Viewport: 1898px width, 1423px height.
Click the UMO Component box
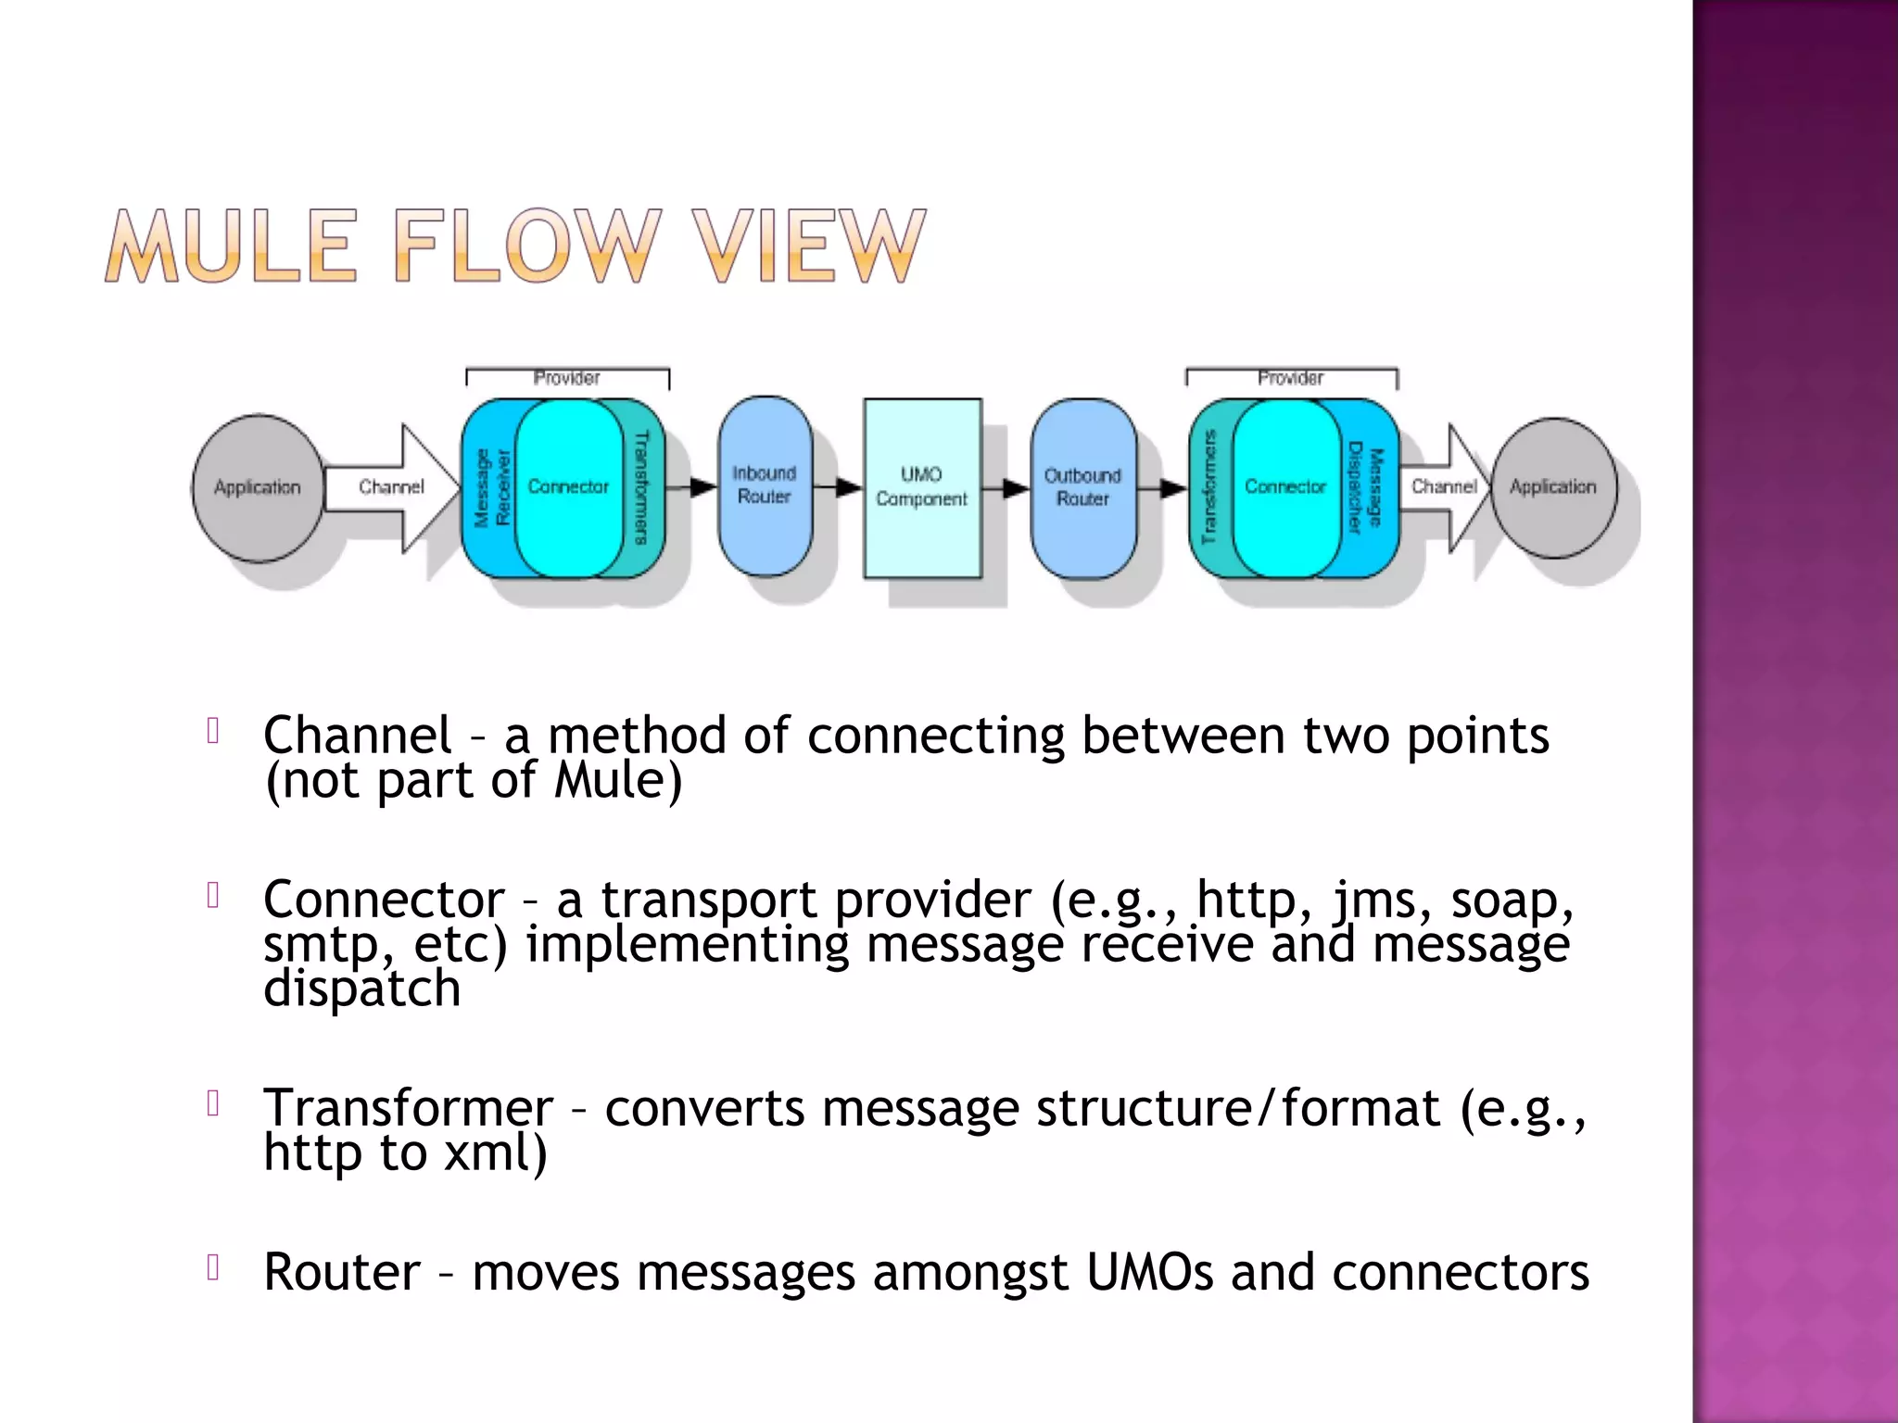pyautogui.click(x=921, y=487)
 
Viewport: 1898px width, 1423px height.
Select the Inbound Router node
pyautogui.click(x=765, y=485)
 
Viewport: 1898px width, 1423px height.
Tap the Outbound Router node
pyautogui.click(x=1082, y=487)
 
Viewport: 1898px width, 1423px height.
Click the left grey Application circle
pyautogui.click(x=258, y=487)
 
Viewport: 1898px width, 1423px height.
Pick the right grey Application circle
pyautogui.click(x=1553, y=487)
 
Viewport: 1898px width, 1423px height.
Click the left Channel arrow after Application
pyautogui.click(x=391, y=487)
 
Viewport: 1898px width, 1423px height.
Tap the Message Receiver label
pyautogui.click(x=491, y=488)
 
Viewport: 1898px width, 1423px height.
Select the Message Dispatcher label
pyautogui.click(x=1365, y=487)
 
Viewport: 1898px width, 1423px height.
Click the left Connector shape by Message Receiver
pyautogui.click(x=568, y=487)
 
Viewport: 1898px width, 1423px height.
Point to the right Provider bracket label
pyautogui.click(x=1290, y=378)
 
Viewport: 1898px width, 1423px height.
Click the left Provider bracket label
pyautogui.click(x=566, y=378)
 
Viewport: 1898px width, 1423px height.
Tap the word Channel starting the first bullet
pyautogui.click(x=357, y=736)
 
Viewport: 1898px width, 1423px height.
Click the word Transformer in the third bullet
pyautogui.click(x=408, y=1108)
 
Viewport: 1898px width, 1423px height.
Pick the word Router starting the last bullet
pyautogui.click(x=341, y=1272)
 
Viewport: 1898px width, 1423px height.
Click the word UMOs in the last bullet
pyautogui.click(x=1149, y=1272)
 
